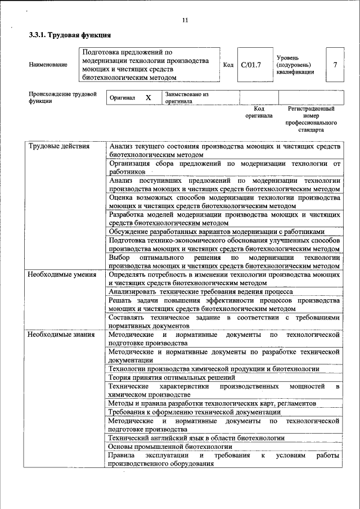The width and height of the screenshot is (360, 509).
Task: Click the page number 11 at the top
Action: coord(185,21)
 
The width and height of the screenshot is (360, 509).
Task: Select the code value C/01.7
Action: coord(251,65)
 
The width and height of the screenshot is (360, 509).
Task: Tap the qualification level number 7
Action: coord(335,65)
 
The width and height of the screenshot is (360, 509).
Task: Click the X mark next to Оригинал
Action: coord(148,98)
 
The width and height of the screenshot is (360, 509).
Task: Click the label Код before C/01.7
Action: coord(228,65)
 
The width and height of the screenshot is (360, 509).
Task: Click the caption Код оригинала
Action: coord(259,112)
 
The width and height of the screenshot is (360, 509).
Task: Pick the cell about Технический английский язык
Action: coord(196,438)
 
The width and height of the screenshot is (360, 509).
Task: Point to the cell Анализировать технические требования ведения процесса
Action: coord(200,292)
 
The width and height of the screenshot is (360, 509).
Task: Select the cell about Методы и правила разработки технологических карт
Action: coord(212,403)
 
